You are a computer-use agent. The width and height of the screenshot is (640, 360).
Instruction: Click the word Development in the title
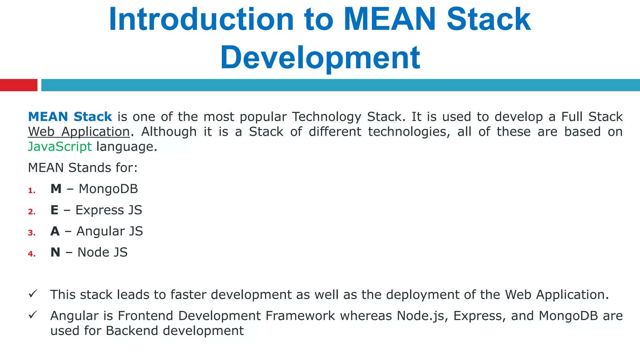pos(320,58)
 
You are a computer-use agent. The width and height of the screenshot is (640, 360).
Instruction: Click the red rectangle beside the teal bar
pos(18,85)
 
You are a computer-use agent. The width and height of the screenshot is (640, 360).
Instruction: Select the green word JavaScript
pos(60,147)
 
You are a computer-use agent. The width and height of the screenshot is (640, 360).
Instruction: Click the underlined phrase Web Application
pos(79,132)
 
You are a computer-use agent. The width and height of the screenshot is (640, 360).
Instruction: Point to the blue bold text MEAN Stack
pos(70,117)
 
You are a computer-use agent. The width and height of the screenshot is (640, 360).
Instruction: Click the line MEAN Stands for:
pos(82,168)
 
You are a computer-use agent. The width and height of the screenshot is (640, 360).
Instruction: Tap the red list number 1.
pos(32,190)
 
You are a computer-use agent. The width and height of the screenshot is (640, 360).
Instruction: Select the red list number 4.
pos(32,254)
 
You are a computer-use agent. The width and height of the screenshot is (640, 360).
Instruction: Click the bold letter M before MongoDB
pos(56,189)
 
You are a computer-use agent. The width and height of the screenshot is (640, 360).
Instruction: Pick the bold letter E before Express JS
pos(54,210)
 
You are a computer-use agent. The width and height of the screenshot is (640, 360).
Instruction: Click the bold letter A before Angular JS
pos(55,231)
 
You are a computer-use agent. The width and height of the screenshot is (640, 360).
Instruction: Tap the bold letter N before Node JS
pos(55,252)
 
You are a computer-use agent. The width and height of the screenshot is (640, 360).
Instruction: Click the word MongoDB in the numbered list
pos(108,189)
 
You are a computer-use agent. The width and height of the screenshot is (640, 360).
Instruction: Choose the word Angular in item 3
pos(101,231)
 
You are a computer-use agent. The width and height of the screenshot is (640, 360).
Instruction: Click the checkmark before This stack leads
pos(33,294)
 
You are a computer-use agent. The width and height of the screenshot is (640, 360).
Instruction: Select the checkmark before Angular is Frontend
pos(33,315)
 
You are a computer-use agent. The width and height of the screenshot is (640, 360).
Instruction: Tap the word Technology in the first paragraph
pos(327,117)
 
